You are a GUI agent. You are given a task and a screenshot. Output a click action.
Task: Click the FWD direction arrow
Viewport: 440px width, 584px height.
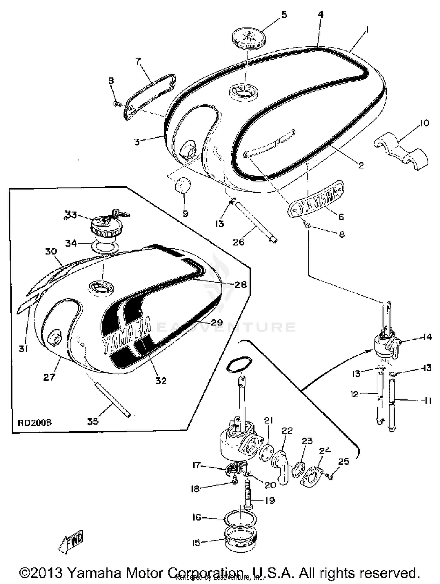point(72,541)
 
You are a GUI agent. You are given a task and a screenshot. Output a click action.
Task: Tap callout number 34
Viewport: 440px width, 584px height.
point(71,243)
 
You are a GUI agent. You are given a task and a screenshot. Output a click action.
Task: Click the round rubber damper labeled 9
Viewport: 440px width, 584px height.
point(183,185)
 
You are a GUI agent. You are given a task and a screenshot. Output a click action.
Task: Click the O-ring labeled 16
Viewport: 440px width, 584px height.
point(240,521)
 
